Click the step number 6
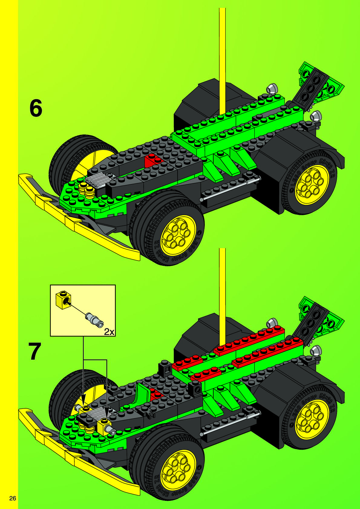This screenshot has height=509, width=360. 36,109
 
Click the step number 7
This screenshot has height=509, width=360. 35,352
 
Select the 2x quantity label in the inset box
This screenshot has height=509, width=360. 109,332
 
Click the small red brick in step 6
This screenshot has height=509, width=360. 154,160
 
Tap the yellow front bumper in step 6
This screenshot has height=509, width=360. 76,221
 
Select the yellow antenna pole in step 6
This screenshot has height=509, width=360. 222,61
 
